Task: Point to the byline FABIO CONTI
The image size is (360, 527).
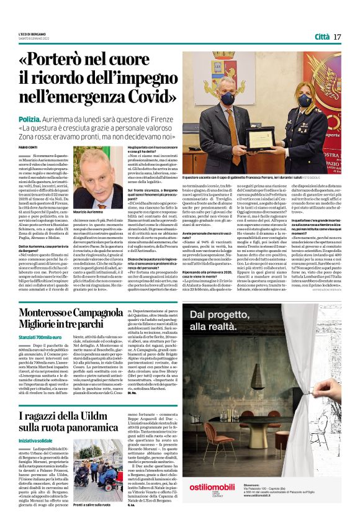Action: point(28,146)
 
